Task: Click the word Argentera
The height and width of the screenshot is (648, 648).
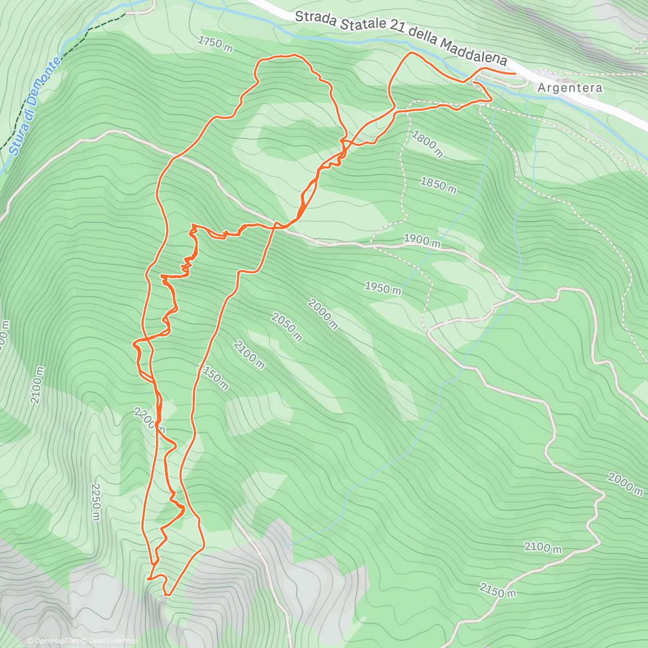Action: (570, 87)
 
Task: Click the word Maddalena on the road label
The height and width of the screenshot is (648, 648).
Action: (474, 52)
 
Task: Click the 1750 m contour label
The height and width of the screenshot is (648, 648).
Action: (215, 44)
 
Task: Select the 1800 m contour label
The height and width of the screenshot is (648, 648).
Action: (427, 143)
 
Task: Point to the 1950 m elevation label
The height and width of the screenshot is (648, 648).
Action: (382, 288)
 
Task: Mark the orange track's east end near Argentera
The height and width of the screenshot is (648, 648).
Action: (515, 72)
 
